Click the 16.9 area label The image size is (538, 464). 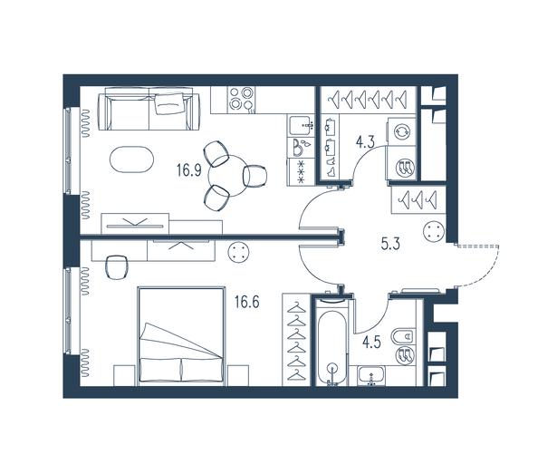click(189, 169)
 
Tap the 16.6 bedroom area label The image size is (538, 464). click(247, 303)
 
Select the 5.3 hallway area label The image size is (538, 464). click(390, 245)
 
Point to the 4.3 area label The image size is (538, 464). click(365, 141)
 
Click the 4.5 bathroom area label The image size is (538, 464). click(372, 343)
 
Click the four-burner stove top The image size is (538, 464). click(242, 98)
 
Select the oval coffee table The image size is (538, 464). click(131, 159)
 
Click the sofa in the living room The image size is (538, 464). click(149, 109)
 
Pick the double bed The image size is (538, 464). click(181, 335)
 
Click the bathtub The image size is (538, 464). click(331, 342)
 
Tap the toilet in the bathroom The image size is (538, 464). click(405, 337)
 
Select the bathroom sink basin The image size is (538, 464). click(371, 375)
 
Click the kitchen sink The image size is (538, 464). click(302, 126)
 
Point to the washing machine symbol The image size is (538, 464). click(402, 131)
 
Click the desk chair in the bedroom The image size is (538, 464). click(116, 267)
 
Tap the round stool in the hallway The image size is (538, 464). click(435, 231)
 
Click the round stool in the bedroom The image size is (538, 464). click(238, 252)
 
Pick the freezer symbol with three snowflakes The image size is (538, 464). click(301, 172)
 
